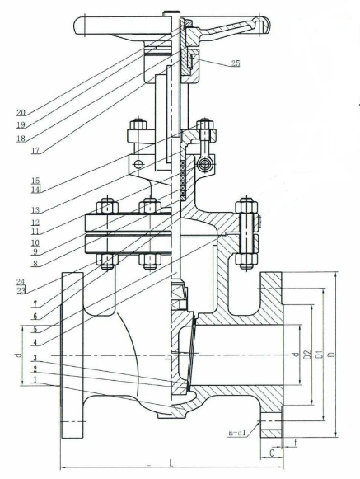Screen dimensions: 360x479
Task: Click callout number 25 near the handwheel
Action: pyautogui.click(x=236, y=63)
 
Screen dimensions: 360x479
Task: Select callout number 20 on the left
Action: pyautogui.click(x=21, y=112)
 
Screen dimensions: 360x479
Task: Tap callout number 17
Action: pyautogui.click(x=36, y=150)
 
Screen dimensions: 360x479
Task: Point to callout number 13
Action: pyautogui.click(x=35, y=210)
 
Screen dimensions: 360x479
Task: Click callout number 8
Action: pyautogui.click(x=35, y=263)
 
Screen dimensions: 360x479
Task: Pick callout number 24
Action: pyautogui.click(x=21, y=282)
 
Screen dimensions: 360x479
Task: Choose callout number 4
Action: pyautogui.click(x=35, y=342)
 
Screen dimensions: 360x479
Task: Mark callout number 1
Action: pyautogui.click(x=35, y=380)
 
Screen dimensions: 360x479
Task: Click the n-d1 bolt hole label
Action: pyautogui.click(x=237, y=432)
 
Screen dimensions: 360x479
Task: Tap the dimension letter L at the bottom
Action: pyautogui.click(x=171, y=464)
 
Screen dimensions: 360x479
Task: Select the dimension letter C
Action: pyautogui.click(x=273, y=453)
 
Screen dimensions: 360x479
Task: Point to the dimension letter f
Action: pyautogui.click(x=295, y=441)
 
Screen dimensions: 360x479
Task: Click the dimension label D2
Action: pyautogui.click(x=308, y=355)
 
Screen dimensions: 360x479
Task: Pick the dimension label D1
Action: pyautogui.click(x=319, y=355)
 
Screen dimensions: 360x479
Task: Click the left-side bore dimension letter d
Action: pyautogui.click(x=19, y=355)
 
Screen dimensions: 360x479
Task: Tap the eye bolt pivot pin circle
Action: pyautogui.click(x=204, y=165)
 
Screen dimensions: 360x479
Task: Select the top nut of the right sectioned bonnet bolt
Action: pyautogui.click(x=246, y=205)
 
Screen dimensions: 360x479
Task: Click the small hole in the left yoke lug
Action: pyautogui.click(x=139, y=165)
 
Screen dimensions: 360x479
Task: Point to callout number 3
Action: pyautogui.click(x=35, y=358)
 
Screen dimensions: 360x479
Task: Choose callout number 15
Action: pyautogui.click(x=35, y=180)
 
